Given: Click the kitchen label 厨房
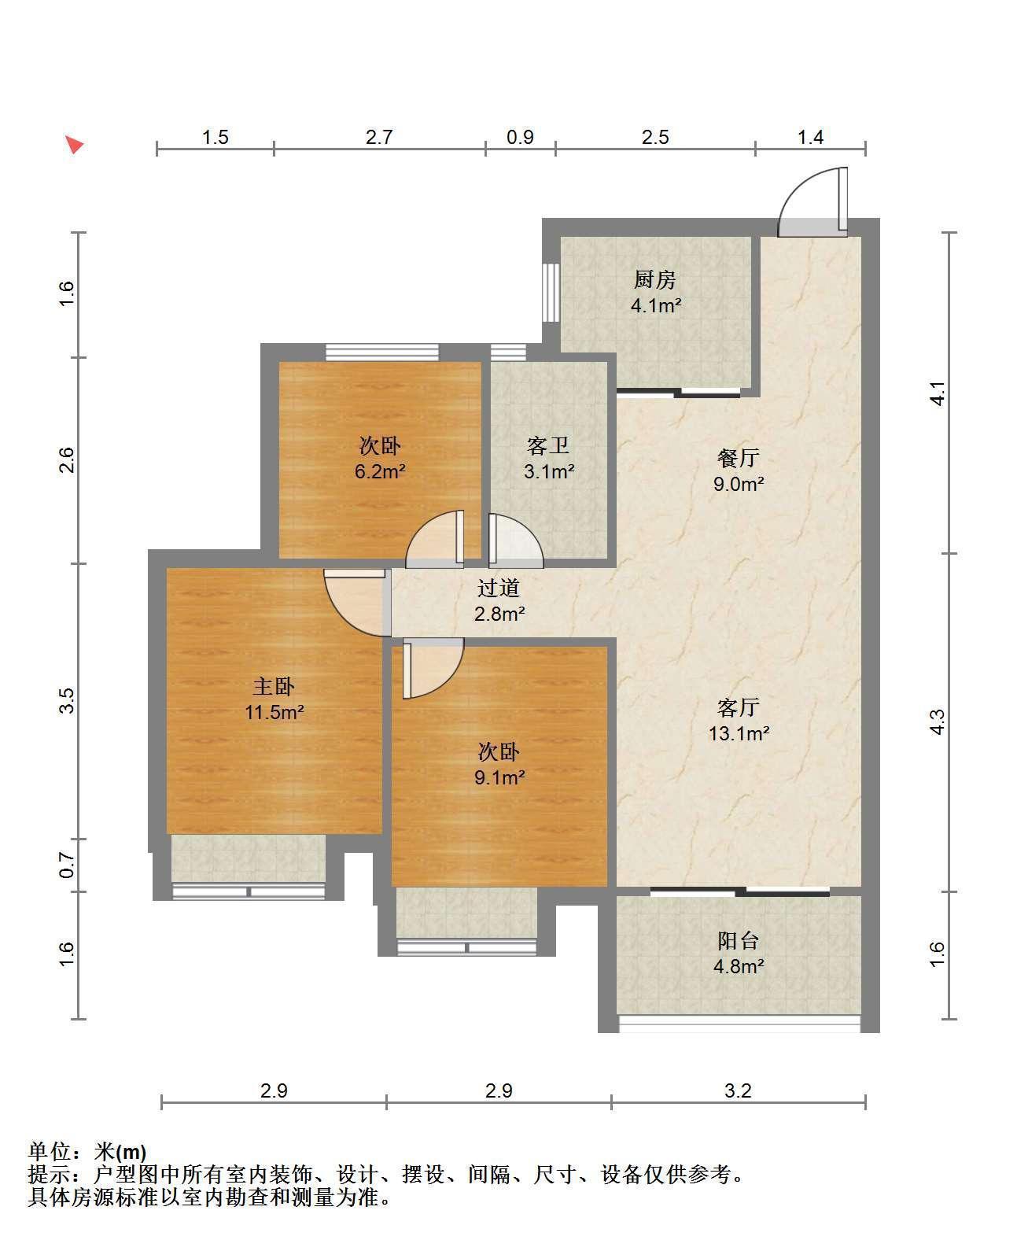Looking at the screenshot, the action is pyautogui.click(x=654, y=279).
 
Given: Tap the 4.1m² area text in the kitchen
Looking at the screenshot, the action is pyautogui.click(x=656, y=305).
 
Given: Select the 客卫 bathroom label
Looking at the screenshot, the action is pyautogui.click(x=547, y=445).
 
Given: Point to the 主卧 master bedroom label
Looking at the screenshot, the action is pyautogui.click(x=273, y=686).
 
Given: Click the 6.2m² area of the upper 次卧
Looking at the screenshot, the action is pyautogui.click(x=380, y=471).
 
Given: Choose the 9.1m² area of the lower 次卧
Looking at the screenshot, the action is pyautogui.click(x=499, y=777).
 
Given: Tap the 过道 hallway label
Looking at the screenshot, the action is pyautogui.click(x=499, y=588).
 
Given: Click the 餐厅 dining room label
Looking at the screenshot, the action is pyautogui.click(x=738, y=458).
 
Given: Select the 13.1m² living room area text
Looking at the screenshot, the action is pyautogui.click(x=739, y=733).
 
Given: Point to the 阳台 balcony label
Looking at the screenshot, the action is pyautogui.click(x=738, y=941).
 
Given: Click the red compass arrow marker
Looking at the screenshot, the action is pyautogui.click(x=75, y=144).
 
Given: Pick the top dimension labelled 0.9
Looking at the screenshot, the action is pyautogui.click(x=520, y=137).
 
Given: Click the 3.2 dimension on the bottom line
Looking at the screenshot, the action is pyautogui.click(x=738, y=1090).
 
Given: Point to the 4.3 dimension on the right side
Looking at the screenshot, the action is pyautogui.click(x=937, y=722).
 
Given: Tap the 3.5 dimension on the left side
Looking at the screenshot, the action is pyautogui.click(x=66, y=700).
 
